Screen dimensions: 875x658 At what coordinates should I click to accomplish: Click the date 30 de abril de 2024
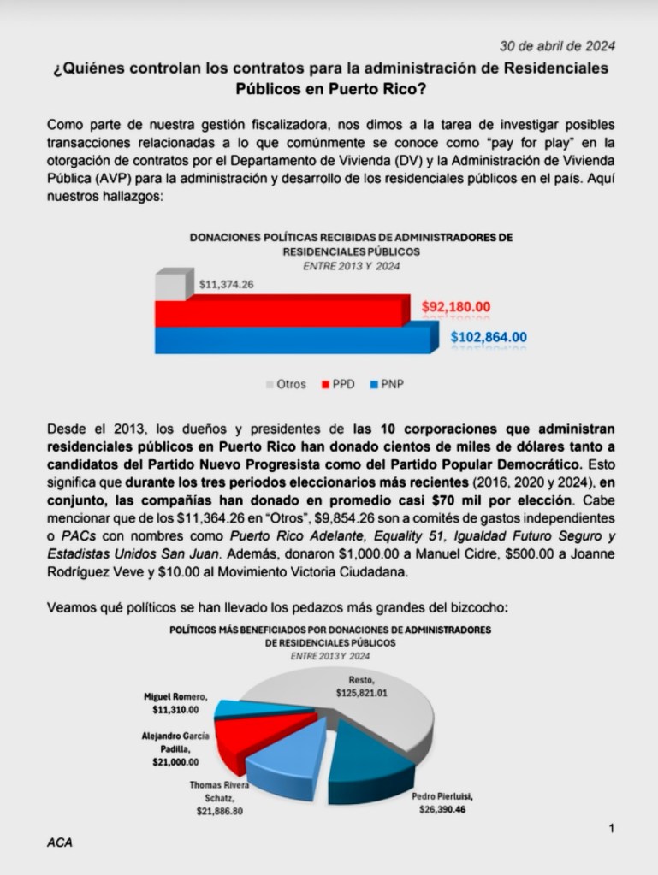557,45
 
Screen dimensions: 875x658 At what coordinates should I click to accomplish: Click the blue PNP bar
291,340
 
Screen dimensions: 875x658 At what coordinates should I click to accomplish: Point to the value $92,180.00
468,307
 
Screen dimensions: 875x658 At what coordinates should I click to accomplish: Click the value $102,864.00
489,337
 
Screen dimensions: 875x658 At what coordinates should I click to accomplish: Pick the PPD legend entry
337,384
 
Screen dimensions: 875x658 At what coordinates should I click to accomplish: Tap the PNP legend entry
388,384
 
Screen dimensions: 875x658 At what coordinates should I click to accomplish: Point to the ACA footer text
60,842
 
